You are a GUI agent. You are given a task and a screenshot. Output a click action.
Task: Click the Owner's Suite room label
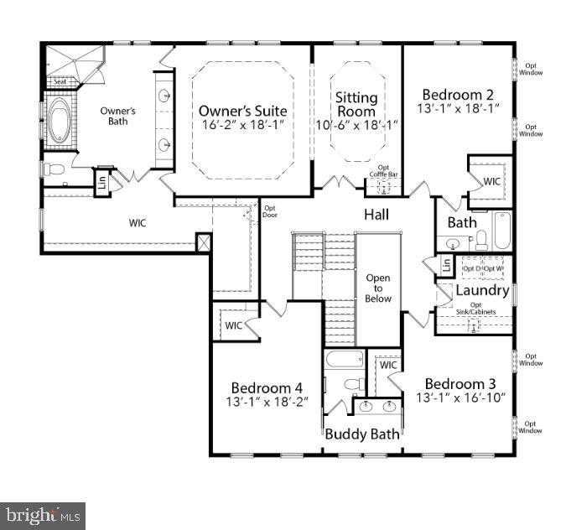(x=242, y=111)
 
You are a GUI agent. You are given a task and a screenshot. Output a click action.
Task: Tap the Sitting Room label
(x=356, y=104)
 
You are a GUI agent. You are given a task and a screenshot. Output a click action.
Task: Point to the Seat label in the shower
(x=60, y=82)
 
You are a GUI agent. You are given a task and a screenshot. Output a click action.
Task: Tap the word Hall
(x=376, y=216)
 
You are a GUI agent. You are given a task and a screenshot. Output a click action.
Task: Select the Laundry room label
(x=482, y=291)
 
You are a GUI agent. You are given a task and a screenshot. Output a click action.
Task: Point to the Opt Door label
(x=270, y=211)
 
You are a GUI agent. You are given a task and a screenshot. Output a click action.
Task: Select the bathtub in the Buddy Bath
(x=343, y=361)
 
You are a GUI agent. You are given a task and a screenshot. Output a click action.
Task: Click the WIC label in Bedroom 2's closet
(x=491, y=181)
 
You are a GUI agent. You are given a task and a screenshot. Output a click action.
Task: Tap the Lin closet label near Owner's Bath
(x=101, y=180)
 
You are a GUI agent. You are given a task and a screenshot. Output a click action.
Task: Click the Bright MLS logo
(x=43, y=513)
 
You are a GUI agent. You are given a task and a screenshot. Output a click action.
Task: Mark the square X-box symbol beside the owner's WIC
(x=202, y=242)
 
